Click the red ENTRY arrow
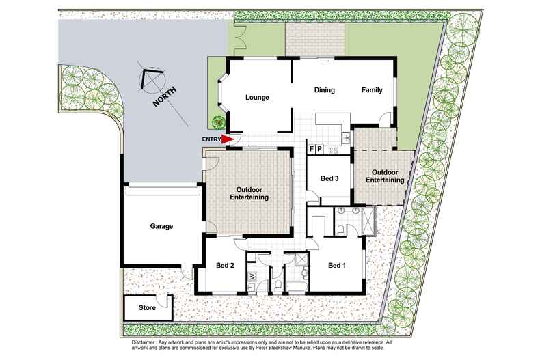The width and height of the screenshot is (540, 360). click(226, 139)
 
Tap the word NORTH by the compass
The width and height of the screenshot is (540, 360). click(165, 97)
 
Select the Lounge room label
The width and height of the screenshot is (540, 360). click(257, 98)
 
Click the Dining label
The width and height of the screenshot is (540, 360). click(325, 89)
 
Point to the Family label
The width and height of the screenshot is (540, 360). click(372, 89)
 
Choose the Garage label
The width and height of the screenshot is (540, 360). click(161, 226)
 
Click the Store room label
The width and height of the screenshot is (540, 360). click(147, 307)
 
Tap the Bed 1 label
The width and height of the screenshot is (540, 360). click(337, 265)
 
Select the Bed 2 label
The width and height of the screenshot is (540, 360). click(225, 265)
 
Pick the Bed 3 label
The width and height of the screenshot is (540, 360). click(329, 178)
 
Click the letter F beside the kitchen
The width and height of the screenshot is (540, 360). click(312, 149)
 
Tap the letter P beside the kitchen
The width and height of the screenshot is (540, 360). click(319, 149)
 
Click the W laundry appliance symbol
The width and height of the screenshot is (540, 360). click(252, 276)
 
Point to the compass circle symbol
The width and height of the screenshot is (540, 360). click(152, 81)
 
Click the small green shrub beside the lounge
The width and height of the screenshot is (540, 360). click(218, 122)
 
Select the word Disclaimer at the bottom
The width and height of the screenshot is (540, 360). click(144, 342)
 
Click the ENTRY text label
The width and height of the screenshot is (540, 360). click(211, 139)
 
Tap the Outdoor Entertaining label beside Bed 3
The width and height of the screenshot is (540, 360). click(385, 176)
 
